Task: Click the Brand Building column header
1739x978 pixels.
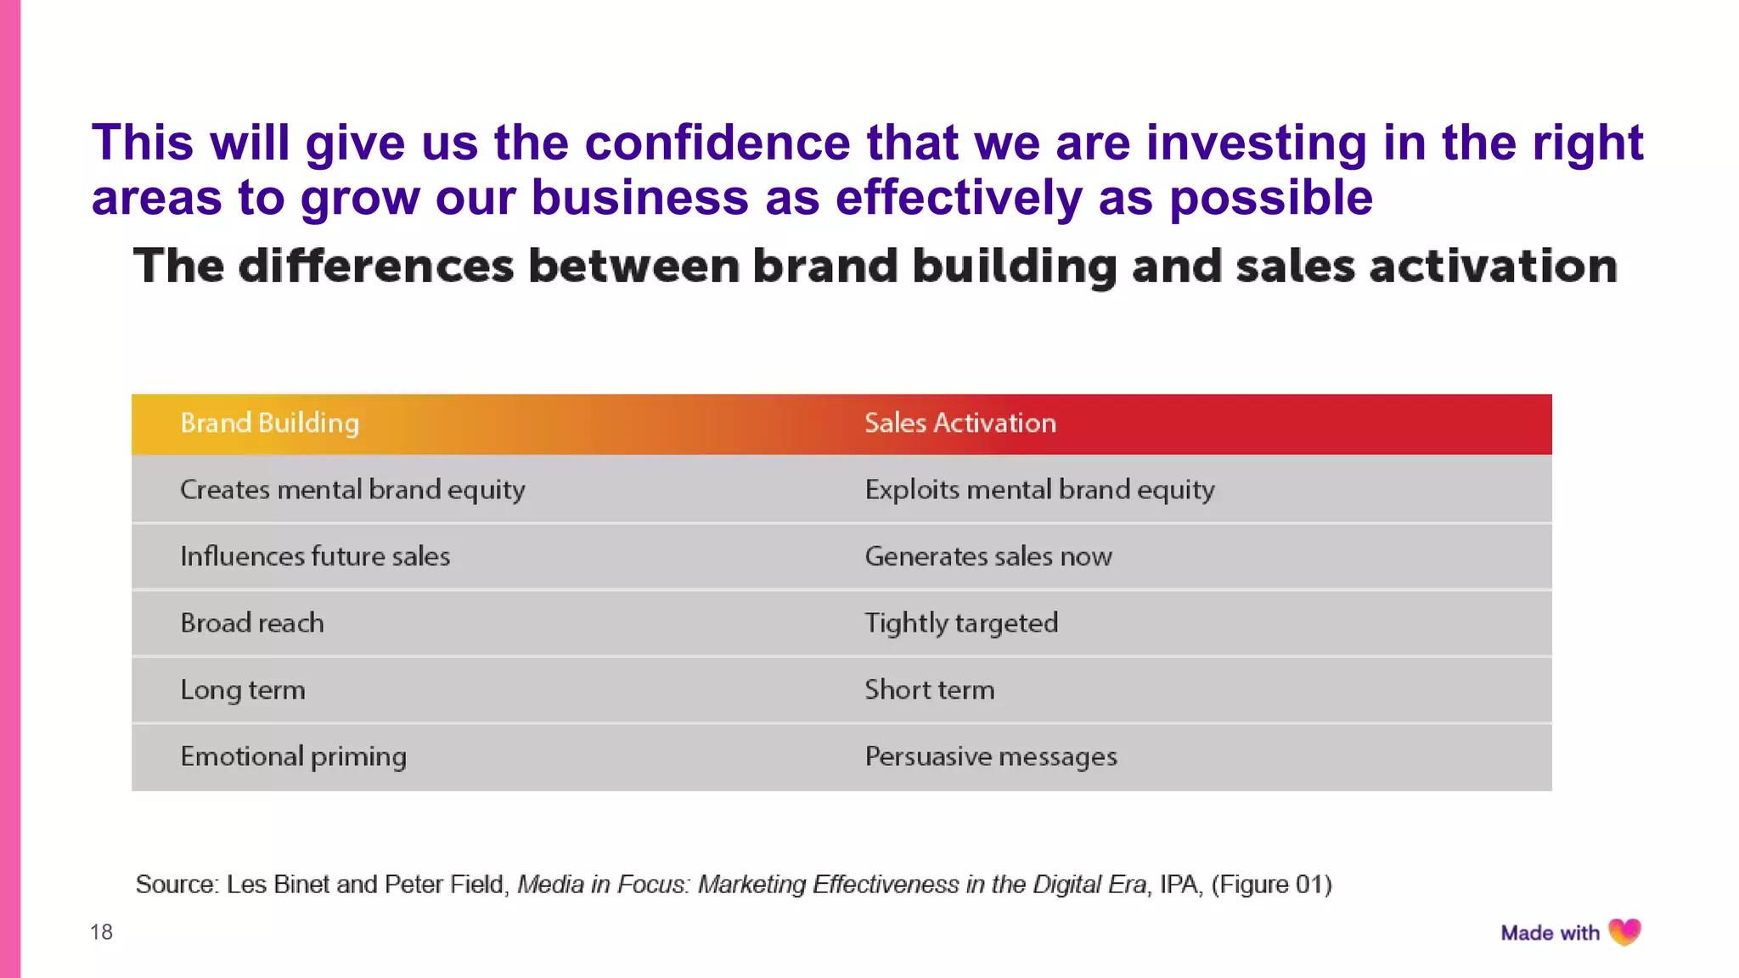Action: click(x=270, y=423)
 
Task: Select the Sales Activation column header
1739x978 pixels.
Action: click(x=960, y=423)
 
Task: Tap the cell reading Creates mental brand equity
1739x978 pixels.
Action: click(x=352, y=490)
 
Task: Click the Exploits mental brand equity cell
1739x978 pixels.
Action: click(x=1039, y=490)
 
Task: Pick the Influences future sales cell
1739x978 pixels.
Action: click(x=315, y=556)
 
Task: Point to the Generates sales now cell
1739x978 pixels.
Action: click(x=988, y=556)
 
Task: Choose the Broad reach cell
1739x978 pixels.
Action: click(x=252, y=623)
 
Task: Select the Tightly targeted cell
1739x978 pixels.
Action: click(x=961, y=623)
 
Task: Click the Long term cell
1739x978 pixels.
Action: click(x=243, y=689)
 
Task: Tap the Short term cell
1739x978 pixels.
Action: click(x=930, y=689)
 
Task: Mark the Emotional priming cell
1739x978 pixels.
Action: click(x=293, y=756)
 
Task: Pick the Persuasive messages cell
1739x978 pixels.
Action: click(x=991, y=756)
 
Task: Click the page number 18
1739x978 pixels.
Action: click(x=101, y=932)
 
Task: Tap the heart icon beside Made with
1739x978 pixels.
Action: click(x=1624, y=932)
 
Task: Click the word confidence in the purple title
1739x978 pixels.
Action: click(x=718, y=142)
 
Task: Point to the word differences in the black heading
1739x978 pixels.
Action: click(x=376, y=266)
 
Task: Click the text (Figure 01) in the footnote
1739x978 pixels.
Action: click(x=1271, y=885)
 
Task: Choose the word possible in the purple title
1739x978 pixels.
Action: click(x=1271, y=198)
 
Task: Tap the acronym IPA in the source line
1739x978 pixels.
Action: click(x=1179, y=885)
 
